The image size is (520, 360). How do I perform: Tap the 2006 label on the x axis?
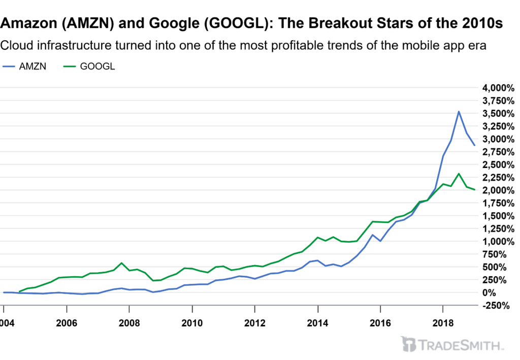(x=67, y=323)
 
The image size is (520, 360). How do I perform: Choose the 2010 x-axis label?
(x=192, y=323)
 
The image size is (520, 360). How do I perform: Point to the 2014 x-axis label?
(x=317, y=323)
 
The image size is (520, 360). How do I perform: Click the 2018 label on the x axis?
(x=443, y=323)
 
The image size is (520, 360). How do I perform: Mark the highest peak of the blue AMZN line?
(x=459, y=112)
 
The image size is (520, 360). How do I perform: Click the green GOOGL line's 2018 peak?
(x=459, y=174)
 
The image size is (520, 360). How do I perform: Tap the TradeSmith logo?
(x=451, y=344)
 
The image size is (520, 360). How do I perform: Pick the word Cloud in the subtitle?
(x=15, y=45)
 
